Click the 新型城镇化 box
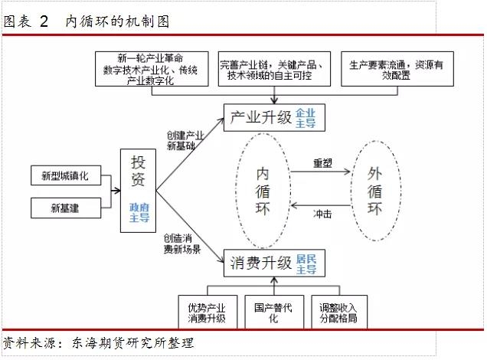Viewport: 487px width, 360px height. (x=66, y=175)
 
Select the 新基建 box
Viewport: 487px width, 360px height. (x=66, y=208)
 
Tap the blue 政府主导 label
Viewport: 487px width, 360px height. (x=139, y=213)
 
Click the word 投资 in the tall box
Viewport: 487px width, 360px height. (x=138, y=171)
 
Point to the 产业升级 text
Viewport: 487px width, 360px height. (x=260, y=117)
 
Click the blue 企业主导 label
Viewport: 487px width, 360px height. (x=306, y=118)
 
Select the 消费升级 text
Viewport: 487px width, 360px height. (x=260, y=263)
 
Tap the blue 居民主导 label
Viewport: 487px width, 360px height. (x=306, y=264)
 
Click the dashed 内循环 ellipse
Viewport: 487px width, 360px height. (x=236, y=191)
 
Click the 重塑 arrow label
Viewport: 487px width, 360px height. (x=322, y=163)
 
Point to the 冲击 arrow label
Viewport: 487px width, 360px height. (x=322, y=214)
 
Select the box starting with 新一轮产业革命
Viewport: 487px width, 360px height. (x=152, y=69)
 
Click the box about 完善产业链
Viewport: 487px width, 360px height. (x=274, y=69)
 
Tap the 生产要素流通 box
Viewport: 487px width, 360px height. (x=397, y=69)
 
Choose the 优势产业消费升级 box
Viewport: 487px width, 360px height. (x=208, y=312)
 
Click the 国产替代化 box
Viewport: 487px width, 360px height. (x=274, y=312)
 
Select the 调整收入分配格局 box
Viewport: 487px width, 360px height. (x=339, y=312)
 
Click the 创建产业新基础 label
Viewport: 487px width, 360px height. (x=185, y=140)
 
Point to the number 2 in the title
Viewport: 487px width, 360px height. (x=44, y=21)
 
